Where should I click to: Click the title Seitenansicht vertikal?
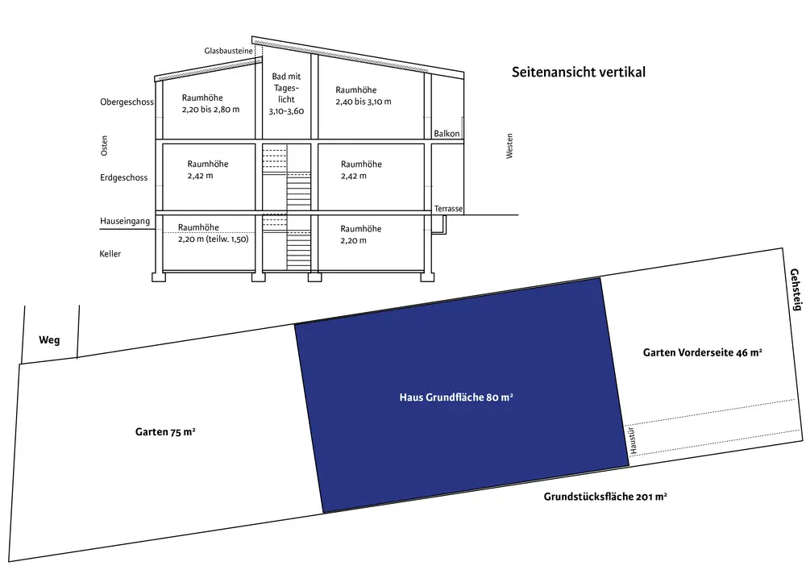[578, 72]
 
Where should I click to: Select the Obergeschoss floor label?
[127, 102]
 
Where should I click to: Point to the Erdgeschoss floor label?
[123, 177]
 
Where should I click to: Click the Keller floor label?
[110, 254]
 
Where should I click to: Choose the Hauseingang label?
[125, 221]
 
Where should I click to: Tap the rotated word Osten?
[104, 146]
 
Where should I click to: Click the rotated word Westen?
[509, 146]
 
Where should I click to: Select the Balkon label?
[447, 133]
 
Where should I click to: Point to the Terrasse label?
[448, 209]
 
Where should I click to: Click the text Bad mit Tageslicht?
[286, 94]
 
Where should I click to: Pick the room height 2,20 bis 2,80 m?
[210, 103]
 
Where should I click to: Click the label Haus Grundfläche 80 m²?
[456, 397]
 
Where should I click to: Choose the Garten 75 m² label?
[165, 432]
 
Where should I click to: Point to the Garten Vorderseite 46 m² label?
[703, 353]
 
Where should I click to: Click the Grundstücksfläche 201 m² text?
[604, 497]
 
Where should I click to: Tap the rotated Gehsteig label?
[796, 289]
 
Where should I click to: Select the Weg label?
[49, 340]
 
